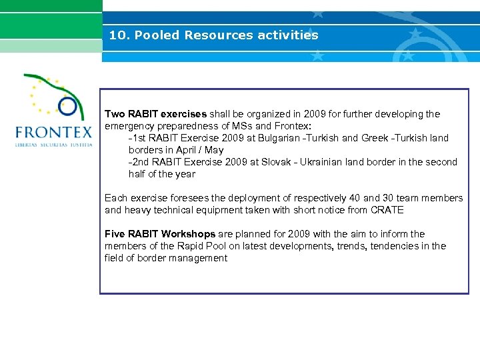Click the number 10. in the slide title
pyautogui.click(x=119, y=35)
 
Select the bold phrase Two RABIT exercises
pyautogui.click(x=155, y=114)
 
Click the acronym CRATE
pyautogui.click(x=388, y=210)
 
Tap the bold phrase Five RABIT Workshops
pyautogui.click(x=160, y=234)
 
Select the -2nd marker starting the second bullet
pyautogui.click(x=137, y=162)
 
